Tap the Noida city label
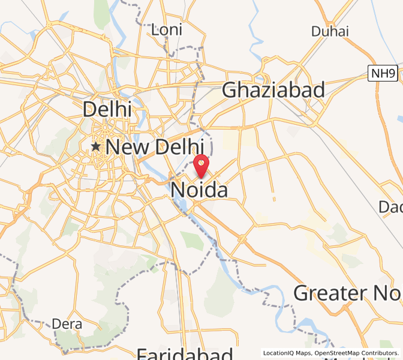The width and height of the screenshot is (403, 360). [x=199, y=191]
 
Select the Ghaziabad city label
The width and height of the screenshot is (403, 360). [x=273, y=90]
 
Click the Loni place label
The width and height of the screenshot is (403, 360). [x=166, y=29]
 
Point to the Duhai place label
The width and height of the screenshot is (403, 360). [x=329, y=31]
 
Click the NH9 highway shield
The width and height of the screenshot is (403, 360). [x=383, y=74]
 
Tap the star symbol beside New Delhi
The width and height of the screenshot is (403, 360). [x=95, y=146]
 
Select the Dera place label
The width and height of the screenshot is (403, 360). [x=67, y=324]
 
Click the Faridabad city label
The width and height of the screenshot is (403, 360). [x=185, y=353]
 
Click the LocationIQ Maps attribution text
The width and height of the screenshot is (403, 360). [x=287, y=353]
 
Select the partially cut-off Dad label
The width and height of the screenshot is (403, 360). [x=390, y=207]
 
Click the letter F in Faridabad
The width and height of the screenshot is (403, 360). [x=142, y=353]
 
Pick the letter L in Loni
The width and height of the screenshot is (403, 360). [x=155, y=29]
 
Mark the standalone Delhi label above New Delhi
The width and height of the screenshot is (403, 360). [x=107, y=109]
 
